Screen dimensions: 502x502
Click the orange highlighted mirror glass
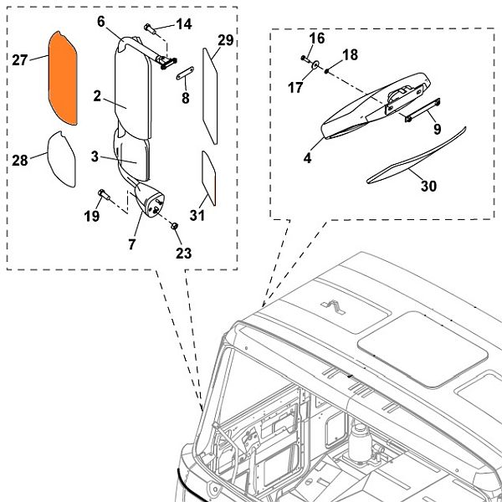click(x=64, y=76)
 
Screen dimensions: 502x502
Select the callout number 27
click(x=21, y=59)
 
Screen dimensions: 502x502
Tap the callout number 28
click(x=21, y=159)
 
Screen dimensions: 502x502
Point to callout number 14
click(x=183, y=24)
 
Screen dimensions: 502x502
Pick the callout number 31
click(x=197, y=215)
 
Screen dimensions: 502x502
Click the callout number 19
click(x=92, y=216)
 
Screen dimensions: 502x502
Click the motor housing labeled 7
click(x=150, y=202)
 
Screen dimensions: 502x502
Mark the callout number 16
click(x=316, y=39)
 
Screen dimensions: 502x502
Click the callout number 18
click(x=350, y=54)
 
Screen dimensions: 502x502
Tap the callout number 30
click(x=428, y=186)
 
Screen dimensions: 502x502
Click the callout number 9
click(x=436, y=130)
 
